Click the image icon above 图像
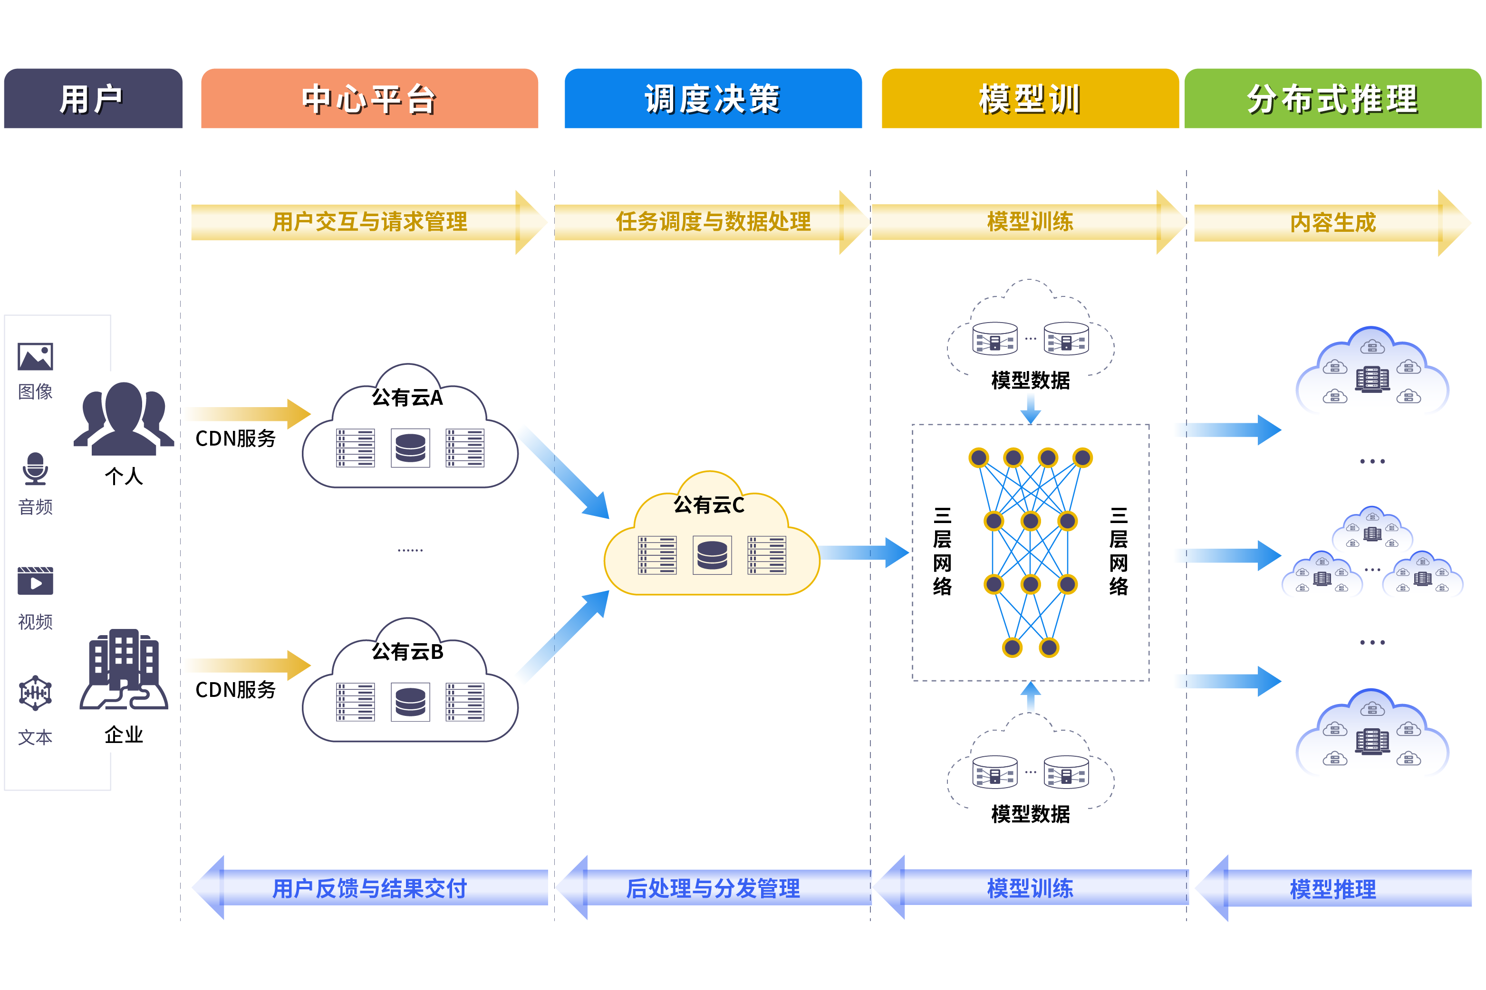pyautogui.click(x=35, y=357)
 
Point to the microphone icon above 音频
pyautogui.click(x=35, y=468)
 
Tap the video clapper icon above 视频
pyautogui.click(x=35, y=581)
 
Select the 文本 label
pyautogui.click(x=35, y=737)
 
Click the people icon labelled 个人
pyautogui.click(x=124, y=418)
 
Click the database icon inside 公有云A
pyautogui.click(x=410, y=448)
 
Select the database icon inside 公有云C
pyautogui.click(x=712, y=555)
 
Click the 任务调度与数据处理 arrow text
pyautogui.click(x=713, y=222)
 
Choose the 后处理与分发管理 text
pyautogui.click(x=713, y=888)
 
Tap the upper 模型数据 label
pyautogui.click(x=1031, y=380)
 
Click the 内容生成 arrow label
pyautogui.click(x=1332, y=222)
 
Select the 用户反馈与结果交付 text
pyautogui.click(x=370, y=888)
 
